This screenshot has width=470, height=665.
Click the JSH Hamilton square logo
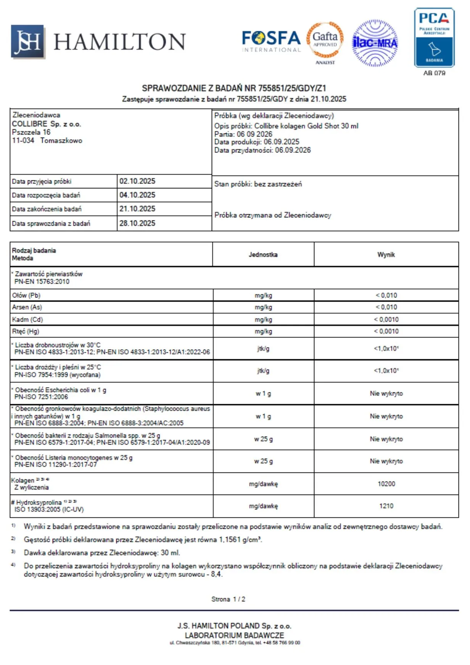coord(28,42)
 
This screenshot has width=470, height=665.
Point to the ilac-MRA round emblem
coord(375,43)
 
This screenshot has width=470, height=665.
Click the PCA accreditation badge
coord(434,38)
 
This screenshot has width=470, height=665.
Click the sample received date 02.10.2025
coord(137,181)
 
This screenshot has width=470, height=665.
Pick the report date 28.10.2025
coord(137,223)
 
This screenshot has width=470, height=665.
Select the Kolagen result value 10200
coord(386,484)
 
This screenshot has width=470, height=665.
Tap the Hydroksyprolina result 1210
coord(386,506)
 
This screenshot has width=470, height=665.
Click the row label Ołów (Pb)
coord(26,295)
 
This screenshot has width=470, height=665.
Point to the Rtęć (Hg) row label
coord(26,331)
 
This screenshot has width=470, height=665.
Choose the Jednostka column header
coord(263,254)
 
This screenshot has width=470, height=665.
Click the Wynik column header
coord(386,254)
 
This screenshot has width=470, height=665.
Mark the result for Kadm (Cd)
coord(386,320)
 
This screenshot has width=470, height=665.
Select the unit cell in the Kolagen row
coord(263,484)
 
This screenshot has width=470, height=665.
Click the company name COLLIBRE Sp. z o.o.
coord(47,124)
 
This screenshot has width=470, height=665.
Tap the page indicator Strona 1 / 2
coord(228,599)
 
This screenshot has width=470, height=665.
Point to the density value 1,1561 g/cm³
coord(240,540)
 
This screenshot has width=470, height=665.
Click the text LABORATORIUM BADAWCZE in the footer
coord(234,635)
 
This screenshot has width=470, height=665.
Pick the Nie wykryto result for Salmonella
coord(386,439)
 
